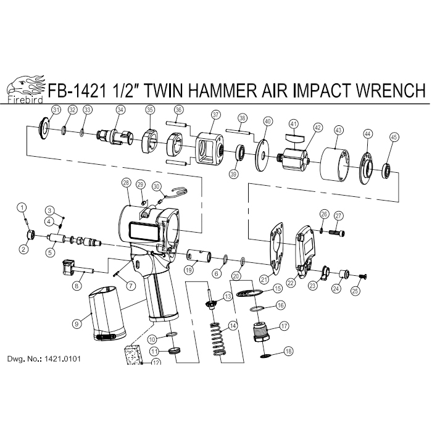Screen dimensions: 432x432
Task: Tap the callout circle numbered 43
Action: (x=338, y=130)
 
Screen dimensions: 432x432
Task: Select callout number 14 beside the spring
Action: (x=233, y=325)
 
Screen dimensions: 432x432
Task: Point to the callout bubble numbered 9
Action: (x=77, y=323)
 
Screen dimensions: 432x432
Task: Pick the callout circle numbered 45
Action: (x=394, y=137)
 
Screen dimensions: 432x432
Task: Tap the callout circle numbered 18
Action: (x=287, y=352)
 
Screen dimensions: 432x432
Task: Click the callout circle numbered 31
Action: (x=56, y=110)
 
